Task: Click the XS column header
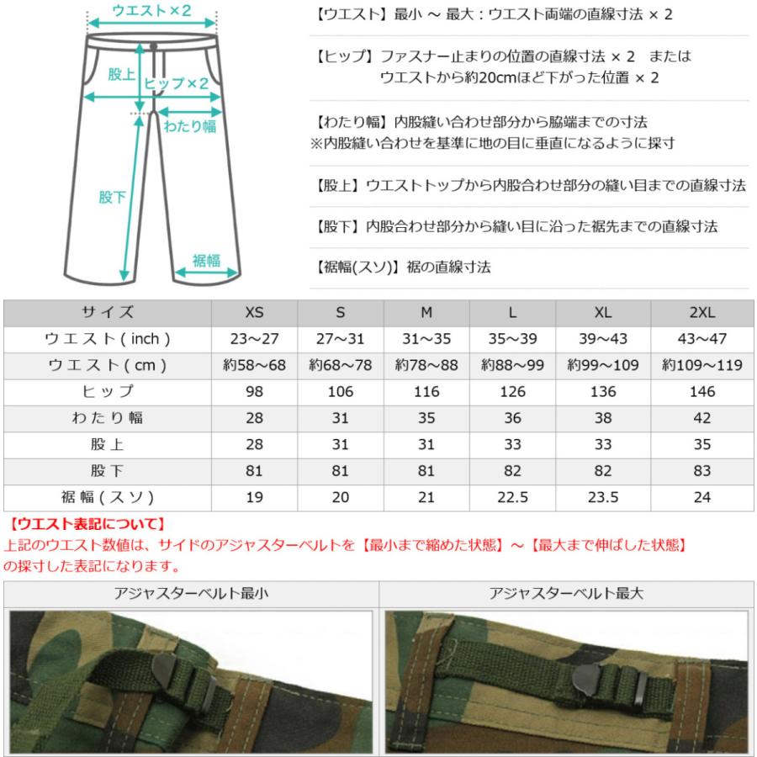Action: click(x=254, y=312)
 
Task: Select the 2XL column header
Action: click(x=701, y=312)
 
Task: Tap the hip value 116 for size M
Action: click(x=426, y=391)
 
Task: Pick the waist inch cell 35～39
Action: click(x=512, y=339)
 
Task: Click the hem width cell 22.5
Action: click(x=512, y=497)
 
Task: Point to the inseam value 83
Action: click(x=701, y=470)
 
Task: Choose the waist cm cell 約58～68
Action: click(x=254, y=365)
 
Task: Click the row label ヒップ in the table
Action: click(x=107, y=391)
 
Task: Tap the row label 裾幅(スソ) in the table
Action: click(x=107, y=497)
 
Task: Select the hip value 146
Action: click(x=701, y=391)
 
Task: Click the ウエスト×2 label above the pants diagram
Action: click(x=151, y=11)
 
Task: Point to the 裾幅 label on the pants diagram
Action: click(x=206, y=261)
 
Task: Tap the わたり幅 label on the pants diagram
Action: click(x=189, y=126)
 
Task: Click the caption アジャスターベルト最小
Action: click(x=192, y=593)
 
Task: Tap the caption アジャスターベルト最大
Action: click(x=566, y=593)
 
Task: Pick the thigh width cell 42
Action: click(x=701, y=418)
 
